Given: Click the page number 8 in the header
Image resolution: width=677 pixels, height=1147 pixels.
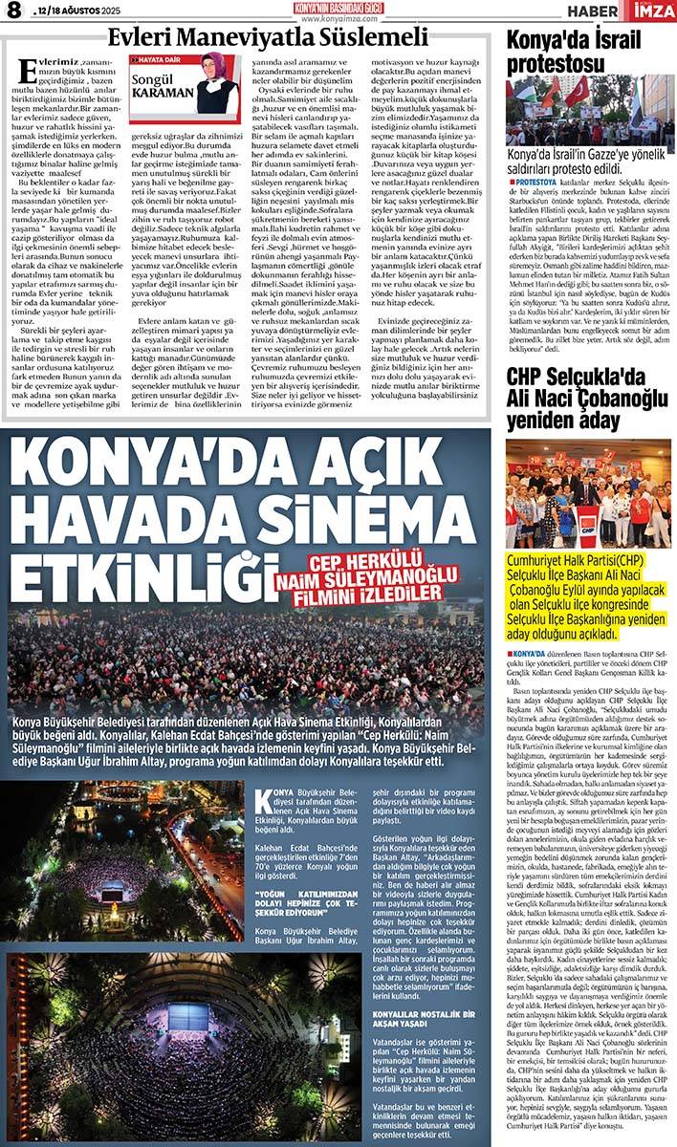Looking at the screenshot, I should pos(14,12).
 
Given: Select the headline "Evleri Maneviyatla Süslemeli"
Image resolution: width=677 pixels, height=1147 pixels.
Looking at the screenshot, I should pos(268,38).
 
